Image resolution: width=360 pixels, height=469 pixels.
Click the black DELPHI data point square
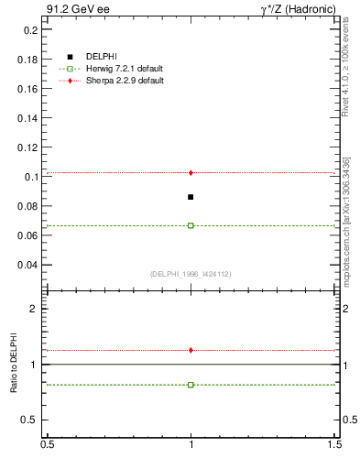[x=191, y=197]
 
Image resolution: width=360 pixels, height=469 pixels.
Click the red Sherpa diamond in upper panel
[x=191, y=172]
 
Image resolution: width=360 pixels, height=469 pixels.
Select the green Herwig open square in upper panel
[x=191, y=225]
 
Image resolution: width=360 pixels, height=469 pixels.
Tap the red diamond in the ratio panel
[x=191, y=350]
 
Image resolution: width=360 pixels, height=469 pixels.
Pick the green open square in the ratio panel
[x=191, y=385]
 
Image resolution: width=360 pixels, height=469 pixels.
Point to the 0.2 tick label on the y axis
[x=29, y=29]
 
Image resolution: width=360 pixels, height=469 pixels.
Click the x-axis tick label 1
[x=191, y=444]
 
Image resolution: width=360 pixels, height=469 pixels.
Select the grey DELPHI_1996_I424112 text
[x=190, y=274]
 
